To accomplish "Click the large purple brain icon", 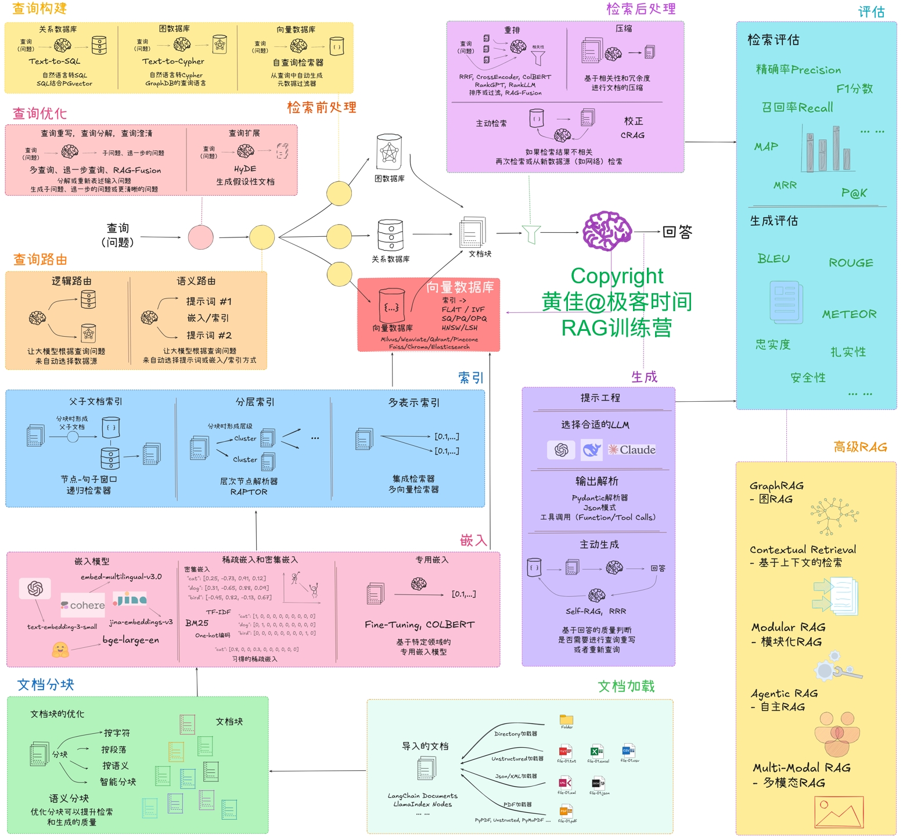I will click(x=607, y=231).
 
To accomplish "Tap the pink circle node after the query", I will click(x=201, y=237).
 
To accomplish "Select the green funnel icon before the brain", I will click(x=531, y=234).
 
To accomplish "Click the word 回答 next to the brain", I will click(x=677, y=232).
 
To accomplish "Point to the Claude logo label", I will click(x=632, y=450).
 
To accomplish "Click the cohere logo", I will click(x=83, y=605).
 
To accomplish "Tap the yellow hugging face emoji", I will click(x=60, y=649).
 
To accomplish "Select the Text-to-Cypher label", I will click(x=173, y=62).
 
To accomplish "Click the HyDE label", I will click(x=245, y=169).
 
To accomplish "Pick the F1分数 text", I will click(x=854, y=89).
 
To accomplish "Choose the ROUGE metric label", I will click(x=851, y=263).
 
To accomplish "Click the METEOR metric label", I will click(x=849, y=314).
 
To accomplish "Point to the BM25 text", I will click(x=197, y=623).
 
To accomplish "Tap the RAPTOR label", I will click(x=249, y=492).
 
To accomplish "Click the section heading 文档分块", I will click(x=45, y=685).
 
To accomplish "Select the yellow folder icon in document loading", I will click(x=567, y=719).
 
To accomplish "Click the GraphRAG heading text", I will click(x=776, y=485).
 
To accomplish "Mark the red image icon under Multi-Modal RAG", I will click(x=839, y=811).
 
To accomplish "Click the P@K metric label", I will click(x=854, y=193).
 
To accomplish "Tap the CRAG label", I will click(x=632, y=135).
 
